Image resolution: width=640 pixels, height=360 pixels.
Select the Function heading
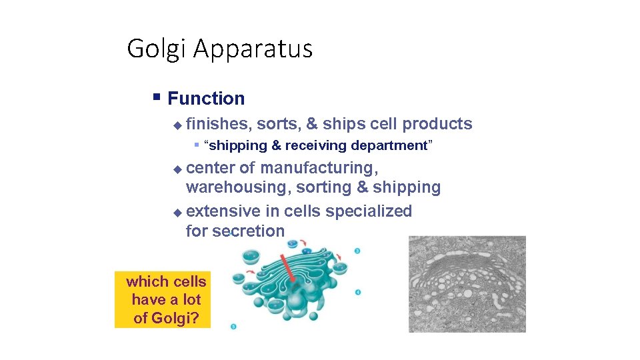pyautogui.click(x=206, y=99)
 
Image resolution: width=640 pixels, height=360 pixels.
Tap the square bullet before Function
pyautogui.click(x=156, y=97)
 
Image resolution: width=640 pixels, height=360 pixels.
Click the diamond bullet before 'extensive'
pyautogui.click(x=177, y=212)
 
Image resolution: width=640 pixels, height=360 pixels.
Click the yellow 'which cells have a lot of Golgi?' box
pyautogui.click(x=163, y=299)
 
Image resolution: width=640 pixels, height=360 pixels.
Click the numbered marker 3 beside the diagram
pyautogui.click(x=358, y=251)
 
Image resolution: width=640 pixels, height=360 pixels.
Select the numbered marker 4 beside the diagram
pyautogui.click(x=358, y=292)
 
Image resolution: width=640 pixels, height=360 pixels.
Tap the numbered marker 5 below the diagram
pyautogui.click(x=233, y=326)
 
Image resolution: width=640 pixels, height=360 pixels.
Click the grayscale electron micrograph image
pyautogui.click(x=467, y=283)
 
